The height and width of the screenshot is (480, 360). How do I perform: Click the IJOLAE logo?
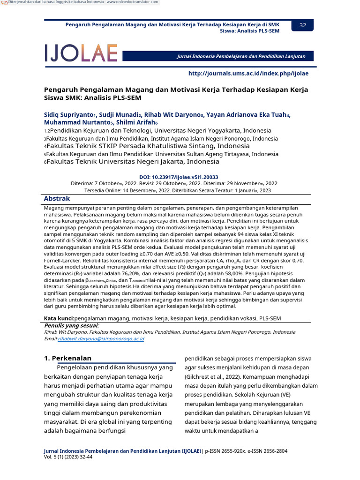[81, 53]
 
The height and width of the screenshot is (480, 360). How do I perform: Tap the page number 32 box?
[302, 25]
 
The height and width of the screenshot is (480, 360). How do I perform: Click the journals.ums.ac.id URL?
[248, 74]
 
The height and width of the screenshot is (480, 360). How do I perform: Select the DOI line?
[180, 177]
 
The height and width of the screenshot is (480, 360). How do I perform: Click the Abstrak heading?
[57, 199]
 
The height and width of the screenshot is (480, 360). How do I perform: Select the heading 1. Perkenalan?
[67, 358]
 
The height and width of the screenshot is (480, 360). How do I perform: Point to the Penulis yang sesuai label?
[71, 325]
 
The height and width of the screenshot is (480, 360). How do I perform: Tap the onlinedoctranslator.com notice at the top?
[82, 3]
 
